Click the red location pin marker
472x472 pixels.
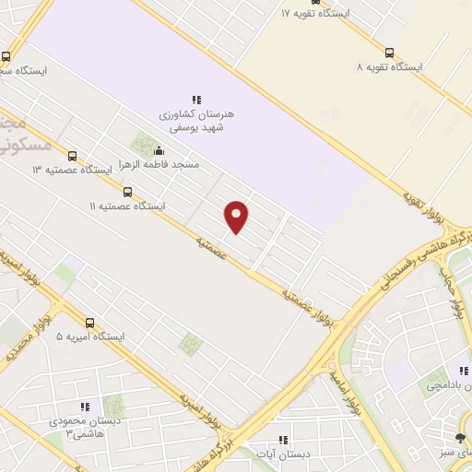237,217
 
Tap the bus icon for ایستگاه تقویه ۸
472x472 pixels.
390,53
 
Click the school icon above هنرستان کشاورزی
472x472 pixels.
195,99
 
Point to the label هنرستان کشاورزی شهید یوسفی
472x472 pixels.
196,120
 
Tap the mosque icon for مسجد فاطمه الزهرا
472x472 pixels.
159,151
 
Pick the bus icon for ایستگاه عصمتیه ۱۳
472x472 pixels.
73,157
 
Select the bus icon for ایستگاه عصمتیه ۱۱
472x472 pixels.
127,193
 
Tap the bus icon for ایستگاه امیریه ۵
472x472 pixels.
89,323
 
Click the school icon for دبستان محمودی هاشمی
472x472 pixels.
85,406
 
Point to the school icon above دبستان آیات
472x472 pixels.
283,440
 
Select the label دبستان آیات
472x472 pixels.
283,454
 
